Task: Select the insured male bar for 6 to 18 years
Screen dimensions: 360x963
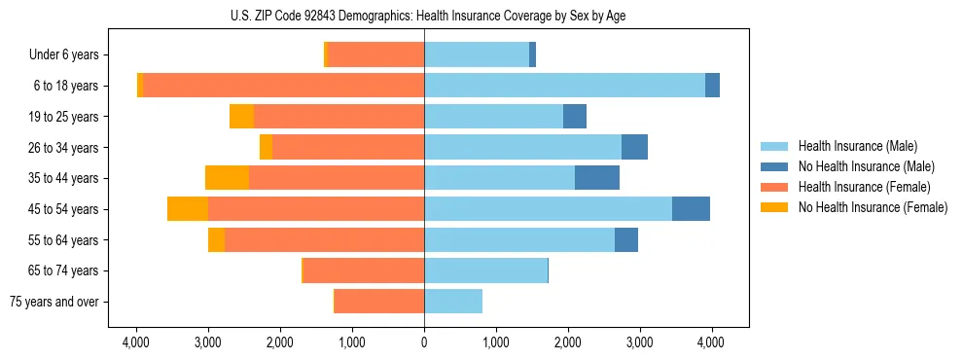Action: pos(564,86)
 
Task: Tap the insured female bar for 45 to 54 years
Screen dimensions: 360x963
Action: pos(316,209)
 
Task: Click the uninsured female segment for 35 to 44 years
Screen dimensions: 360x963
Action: pos(227,178)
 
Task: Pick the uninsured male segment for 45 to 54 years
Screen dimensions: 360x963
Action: pos(691,209)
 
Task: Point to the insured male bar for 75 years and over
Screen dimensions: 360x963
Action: pos(453,302)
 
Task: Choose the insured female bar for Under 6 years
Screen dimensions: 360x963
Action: pos(376,55)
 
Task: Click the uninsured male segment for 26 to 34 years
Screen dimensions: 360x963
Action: pos(634,148)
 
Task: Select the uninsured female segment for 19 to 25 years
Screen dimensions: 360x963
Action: pos(241,117)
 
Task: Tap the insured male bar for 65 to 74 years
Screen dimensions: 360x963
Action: pos(485,270)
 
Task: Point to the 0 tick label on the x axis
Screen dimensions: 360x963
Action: pos(424,342)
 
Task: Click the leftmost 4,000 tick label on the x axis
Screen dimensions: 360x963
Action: pos(136,342)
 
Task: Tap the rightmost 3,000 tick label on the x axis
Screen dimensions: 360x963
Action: pos(639,342)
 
